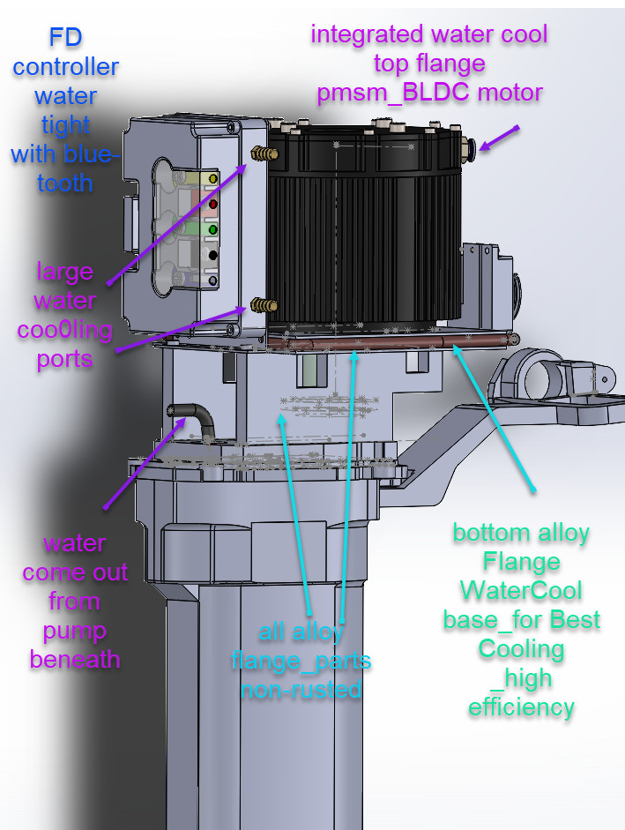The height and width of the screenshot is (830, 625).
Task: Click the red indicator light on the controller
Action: point(212,204)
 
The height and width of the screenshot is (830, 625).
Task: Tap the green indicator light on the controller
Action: point(212,229)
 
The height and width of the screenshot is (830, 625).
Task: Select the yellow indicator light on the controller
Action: point(212,178)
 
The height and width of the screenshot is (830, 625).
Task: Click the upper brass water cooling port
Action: point(264,153)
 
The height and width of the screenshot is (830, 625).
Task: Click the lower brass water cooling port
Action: point(264,305)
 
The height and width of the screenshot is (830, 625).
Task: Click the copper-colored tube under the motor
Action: point(391,343)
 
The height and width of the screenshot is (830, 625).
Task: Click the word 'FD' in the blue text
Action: point(65,38)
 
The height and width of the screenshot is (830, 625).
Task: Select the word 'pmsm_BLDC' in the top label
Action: point(392,93)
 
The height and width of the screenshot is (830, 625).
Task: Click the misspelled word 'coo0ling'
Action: point(64,330)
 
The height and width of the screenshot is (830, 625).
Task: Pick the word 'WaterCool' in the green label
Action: point(521,590)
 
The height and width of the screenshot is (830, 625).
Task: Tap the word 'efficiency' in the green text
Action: point(521,707)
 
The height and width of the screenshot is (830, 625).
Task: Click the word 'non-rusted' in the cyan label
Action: point(301,689)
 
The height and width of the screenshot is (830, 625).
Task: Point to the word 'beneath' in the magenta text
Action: point(75,660)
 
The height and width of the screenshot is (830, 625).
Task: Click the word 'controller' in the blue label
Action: point(65,67)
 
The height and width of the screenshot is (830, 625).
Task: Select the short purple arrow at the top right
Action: point(499,138)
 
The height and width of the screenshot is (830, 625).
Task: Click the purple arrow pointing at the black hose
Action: point(145,463)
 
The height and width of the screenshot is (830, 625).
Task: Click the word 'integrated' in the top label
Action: point(367,35)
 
